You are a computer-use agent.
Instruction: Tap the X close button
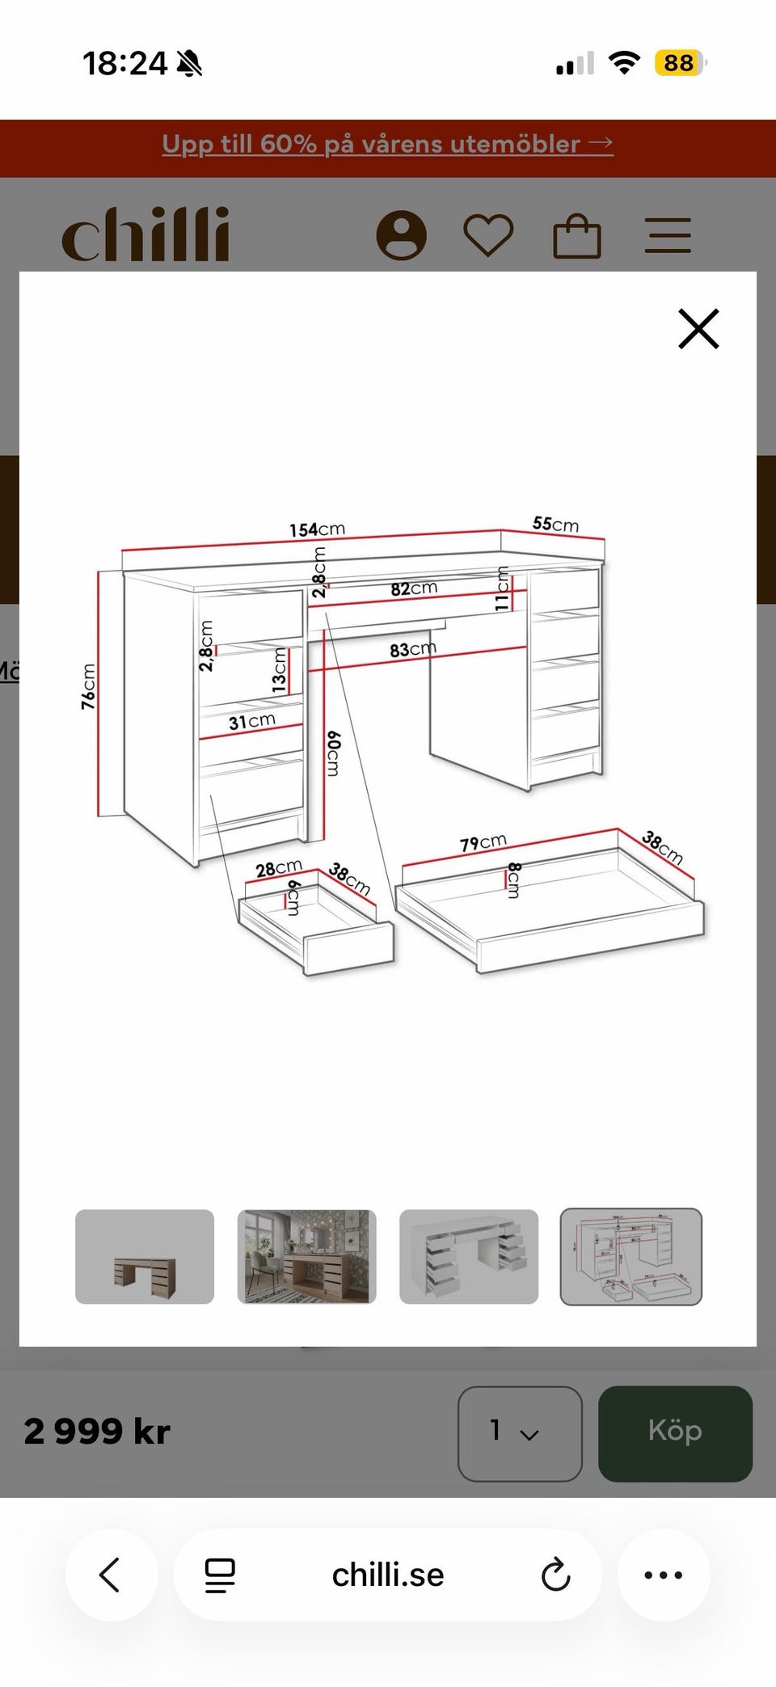698,328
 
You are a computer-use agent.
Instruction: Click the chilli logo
145,234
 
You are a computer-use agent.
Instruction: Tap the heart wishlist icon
488,235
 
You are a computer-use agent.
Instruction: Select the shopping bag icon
576,235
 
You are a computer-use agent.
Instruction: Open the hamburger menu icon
668,235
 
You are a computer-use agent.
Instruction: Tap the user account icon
401,235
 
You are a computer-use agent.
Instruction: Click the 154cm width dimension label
317,529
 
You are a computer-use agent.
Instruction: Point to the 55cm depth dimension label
555,524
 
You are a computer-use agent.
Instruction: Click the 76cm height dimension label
88,686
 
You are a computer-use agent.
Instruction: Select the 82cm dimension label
414,588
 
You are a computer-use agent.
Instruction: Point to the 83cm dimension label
412,649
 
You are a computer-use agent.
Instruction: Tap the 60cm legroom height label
333,753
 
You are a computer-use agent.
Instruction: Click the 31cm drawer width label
251,721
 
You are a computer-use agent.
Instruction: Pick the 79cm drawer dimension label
483,843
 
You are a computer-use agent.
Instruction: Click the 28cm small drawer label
278,869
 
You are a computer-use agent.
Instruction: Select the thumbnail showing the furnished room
306,1256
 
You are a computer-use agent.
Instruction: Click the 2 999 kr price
97,1432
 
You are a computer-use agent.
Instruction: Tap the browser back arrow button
111,1575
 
